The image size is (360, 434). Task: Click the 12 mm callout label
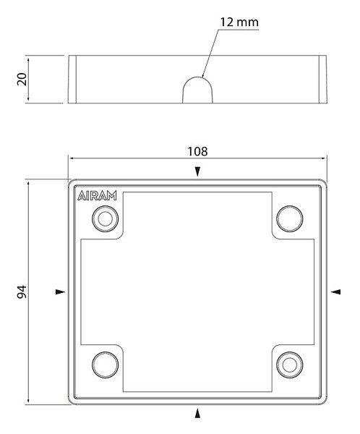click(x=239, y=22)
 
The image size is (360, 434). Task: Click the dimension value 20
click(x=22, y=79)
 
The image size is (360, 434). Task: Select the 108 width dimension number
click(x=197, y=151)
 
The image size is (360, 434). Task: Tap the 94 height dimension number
click(x=22, y=292)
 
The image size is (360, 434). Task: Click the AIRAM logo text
click(x=97, y=196)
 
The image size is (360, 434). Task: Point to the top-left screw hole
click(x=105, y=219)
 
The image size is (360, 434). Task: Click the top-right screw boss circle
click(x=290, y=218)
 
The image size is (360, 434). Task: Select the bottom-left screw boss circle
click(x=105, y=365)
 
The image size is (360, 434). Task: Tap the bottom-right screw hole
click(x=290, y=365)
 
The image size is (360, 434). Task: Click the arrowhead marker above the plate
click(x=197, y=171)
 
